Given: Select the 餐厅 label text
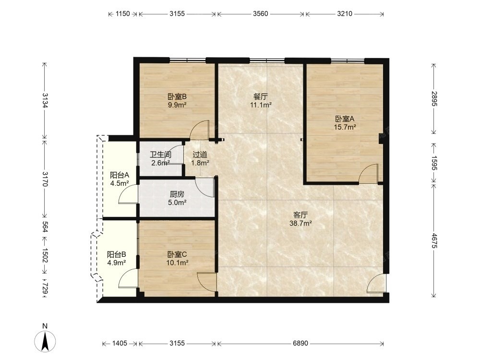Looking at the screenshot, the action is pos(261,97).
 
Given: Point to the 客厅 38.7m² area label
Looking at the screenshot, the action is pos(300,219).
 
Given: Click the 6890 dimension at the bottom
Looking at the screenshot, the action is pos(300,344).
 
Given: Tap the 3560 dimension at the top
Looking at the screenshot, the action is pos(261,13).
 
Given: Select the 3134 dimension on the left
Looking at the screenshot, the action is pos(45,100).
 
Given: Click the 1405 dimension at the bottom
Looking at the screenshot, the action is pos(120,344).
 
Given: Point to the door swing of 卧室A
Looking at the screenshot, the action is pos(369,173).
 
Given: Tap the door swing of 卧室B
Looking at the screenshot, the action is pos(200,130).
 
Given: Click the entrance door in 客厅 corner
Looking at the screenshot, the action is pos(377,283).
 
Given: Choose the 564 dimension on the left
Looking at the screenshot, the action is pos(45,227).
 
